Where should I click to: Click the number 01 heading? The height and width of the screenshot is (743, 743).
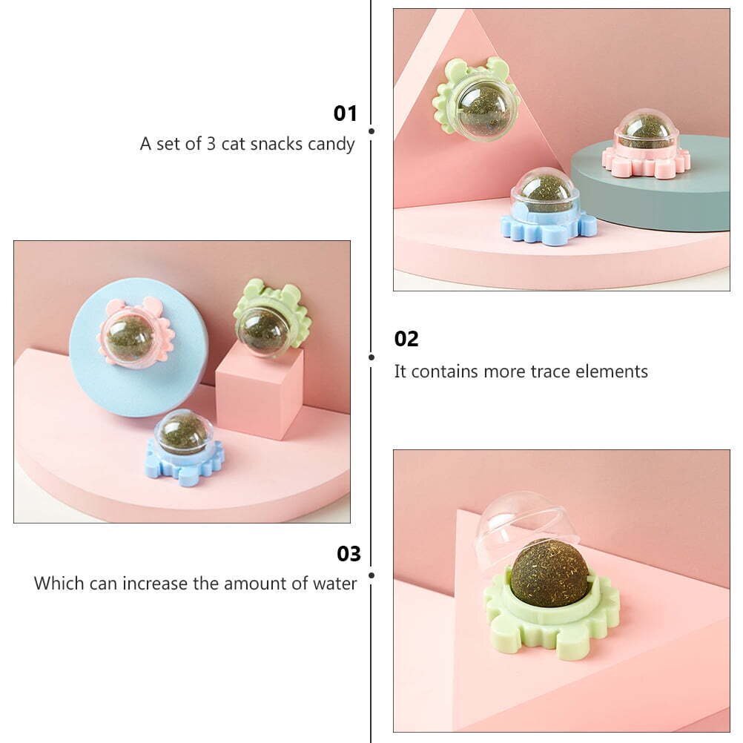coord(345,113)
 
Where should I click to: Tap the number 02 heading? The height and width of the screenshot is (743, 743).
coord(406,340)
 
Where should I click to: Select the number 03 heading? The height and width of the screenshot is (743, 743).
coord(349,553)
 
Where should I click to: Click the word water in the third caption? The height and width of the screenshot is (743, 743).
coord(334,584)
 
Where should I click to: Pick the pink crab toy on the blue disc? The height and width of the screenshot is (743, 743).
coord(136,331)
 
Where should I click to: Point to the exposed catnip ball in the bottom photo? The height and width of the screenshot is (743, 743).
coord(550,575)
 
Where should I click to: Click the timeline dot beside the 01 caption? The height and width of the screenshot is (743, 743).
coord(371,131)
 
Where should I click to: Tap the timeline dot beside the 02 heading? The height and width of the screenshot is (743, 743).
coord(371,357)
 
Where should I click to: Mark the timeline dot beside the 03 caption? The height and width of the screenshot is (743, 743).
coord(371,575)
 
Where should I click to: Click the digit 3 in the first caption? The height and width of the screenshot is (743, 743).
coord(211,144)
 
